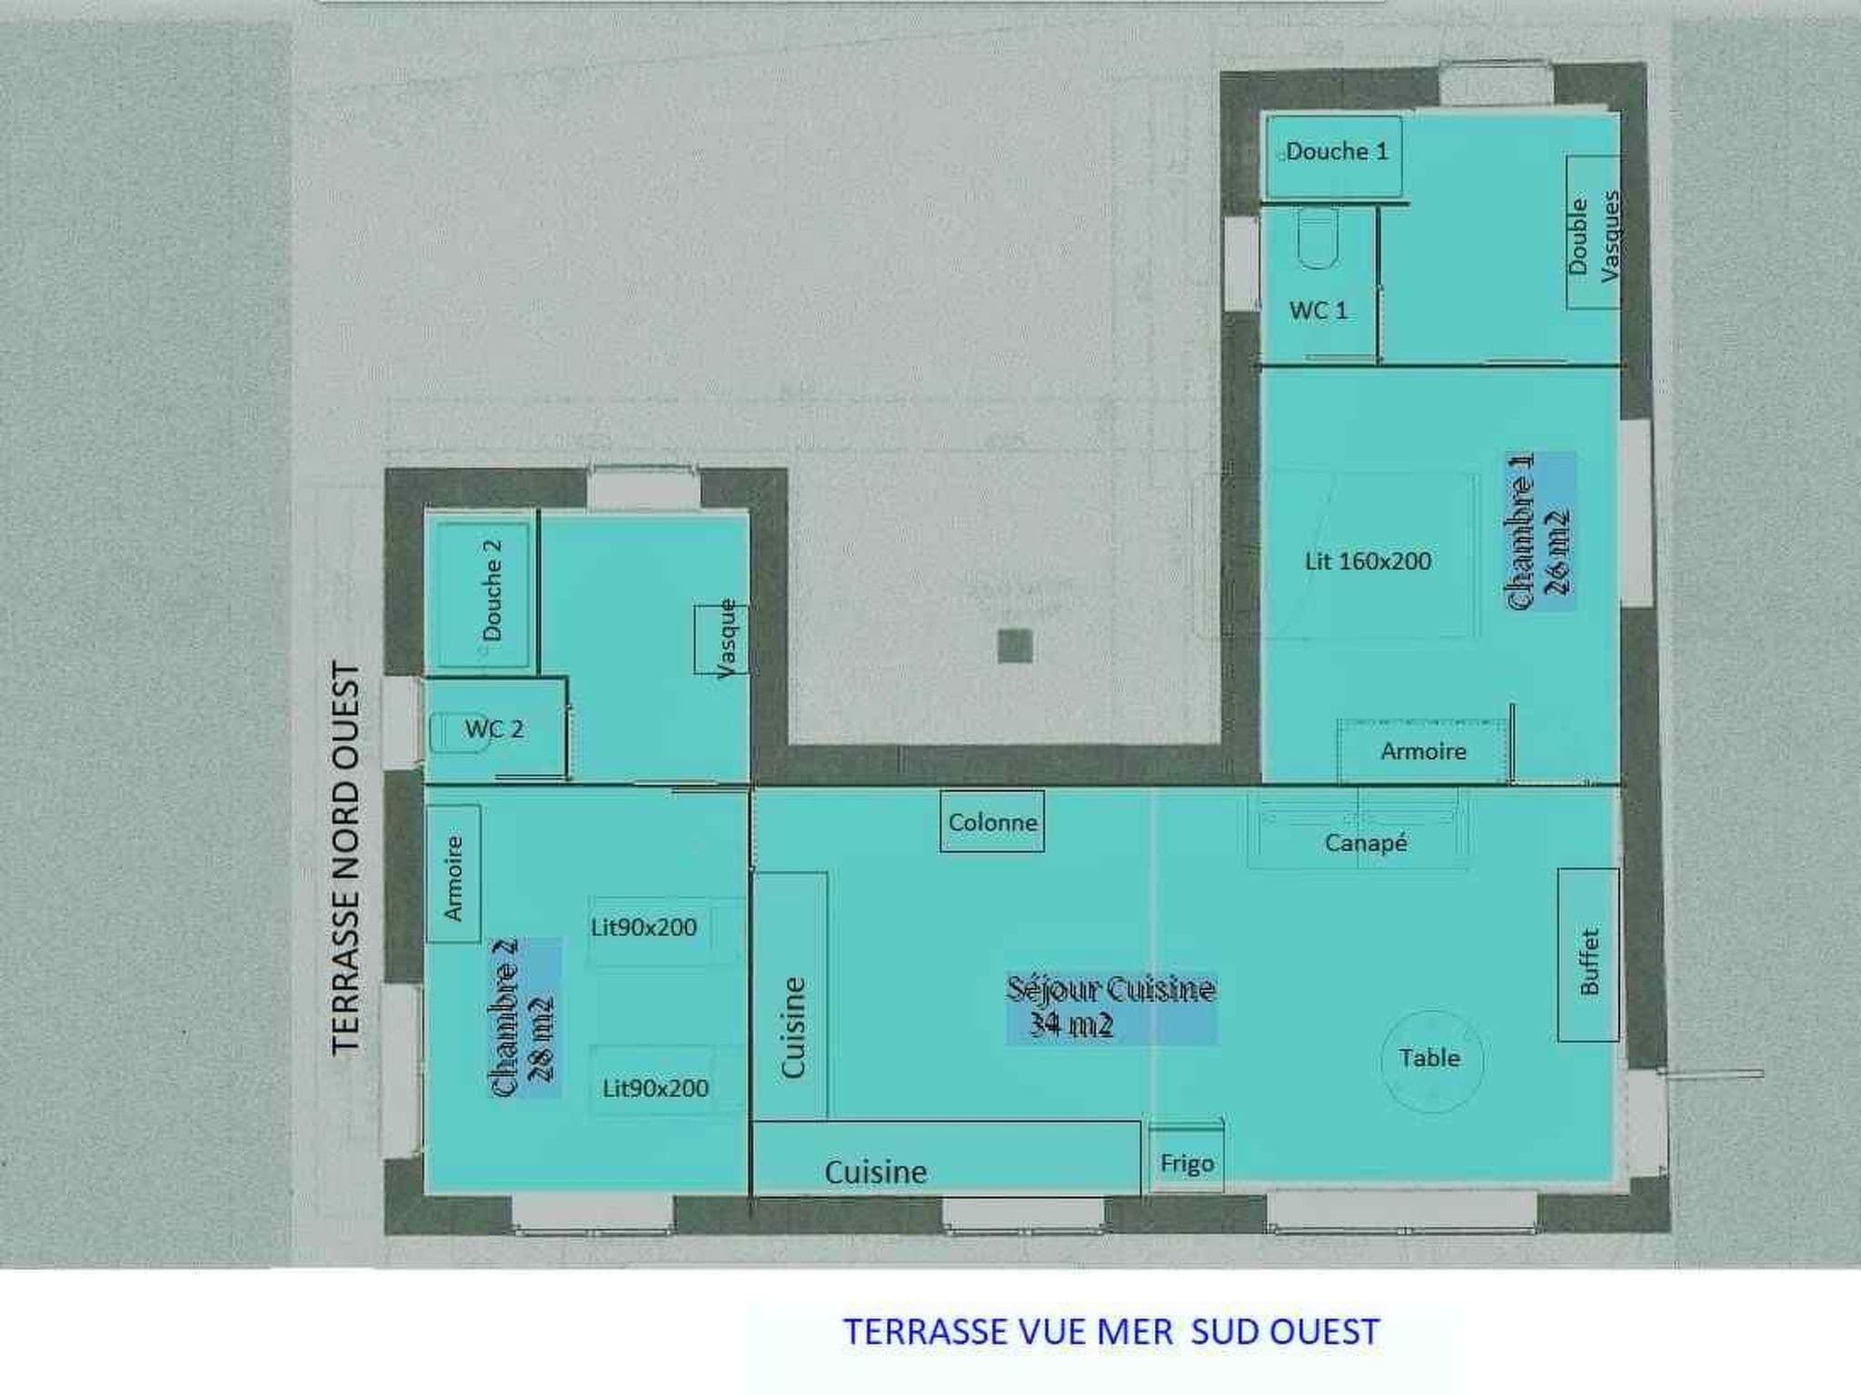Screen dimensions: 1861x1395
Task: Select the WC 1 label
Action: click(1318, 311)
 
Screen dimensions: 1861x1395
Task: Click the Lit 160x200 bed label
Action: click(1368, 561)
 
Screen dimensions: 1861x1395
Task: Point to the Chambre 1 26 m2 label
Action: click(1539, 530)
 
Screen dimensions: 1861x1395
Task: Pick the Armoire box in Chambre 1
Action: click(1423, 751)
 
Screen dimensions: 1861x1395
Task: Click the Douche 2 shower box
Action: click(482, 595)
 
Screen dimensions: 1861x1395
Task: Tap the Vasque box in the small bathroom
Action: click(722, 639)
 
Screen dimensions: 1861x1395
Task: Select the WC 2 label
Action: click(494, 728)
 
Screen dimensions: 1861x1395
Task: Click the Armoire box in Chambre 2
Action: click(453, 874)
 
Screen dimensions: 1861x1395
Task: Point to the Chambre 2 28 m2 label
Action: click(522, 1018)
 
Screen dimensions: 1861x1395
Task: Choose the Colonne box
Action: click(992, 821)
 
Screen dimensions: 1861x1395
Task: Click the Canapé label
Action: click(1366, 843)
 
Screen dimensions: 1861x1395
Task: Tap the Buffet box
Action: click(1588, 955)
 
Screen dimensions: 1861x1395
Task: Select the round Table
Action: click(1432, 1061)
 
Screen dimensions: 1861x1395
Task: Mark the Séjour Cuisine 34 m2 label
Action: click(1111, 1007)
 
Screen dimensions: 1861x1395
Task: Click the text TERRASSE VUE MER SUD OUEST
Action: click(1111, 1331)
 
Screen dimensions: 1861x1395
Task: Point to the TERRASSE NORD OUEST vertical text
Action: click(346, 858)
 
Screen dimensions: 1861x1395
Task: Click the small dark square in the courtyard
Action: click(1015, 646)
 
